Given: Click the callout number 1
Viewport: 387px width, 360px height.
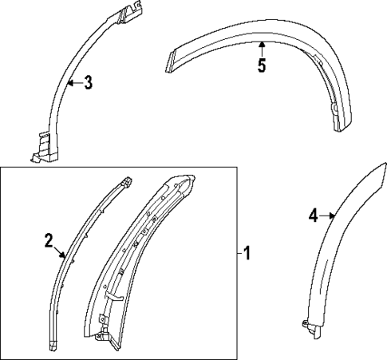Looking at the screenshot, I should (248, 255).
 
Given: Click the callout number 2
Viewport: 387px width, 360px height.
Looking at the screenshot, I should (49, 239).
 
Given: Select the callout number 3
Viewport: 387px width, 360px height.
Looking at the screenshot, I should (88, 82).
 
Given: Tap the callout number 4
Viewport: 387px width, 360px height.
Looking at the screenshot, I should (314, 214).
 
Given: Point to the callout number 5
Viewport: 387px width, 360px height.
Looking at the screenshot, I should (261, 65).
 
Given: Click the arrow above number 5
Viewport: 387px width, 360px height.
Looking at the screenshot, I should (261, 49).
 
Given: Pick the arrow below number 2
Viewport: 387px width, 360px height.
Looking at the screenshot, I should (61, 254).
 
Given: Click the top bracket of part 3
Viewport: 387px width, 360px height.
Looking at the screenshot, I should (128, 13).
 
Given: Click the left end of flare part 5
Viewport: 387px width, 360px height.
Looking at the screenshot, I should (170, 62).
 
